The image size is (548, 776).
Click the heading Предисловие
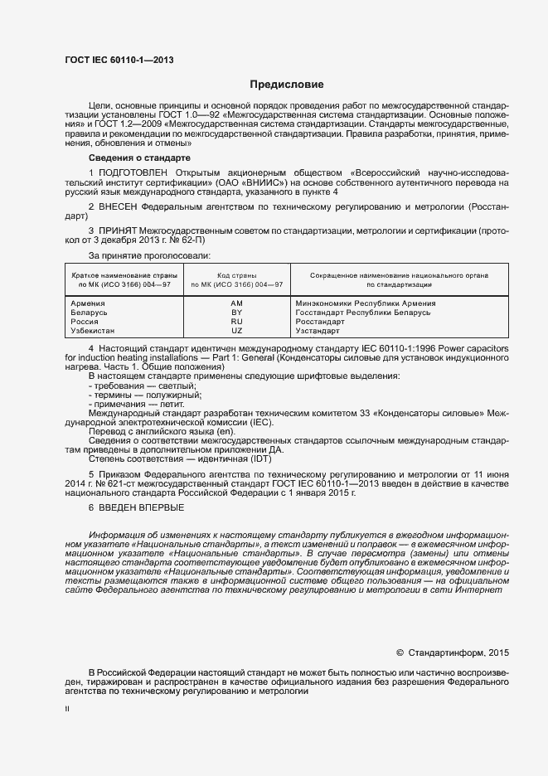pos(287,85)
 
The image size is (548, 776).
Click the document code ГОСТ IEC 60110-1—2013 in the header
pos(119,60)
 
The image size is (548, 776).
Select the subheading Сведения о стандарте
pos(139,158)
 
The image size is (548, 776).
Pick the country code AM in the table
pos(236,303)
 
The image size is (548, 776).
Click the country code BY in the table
pos(236,313)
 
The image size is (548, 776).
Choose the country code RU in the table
pos(236,321)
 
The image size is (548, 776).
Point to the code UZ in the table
pos(236,330)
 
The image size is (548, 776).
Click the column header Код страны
pos(236,274)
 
